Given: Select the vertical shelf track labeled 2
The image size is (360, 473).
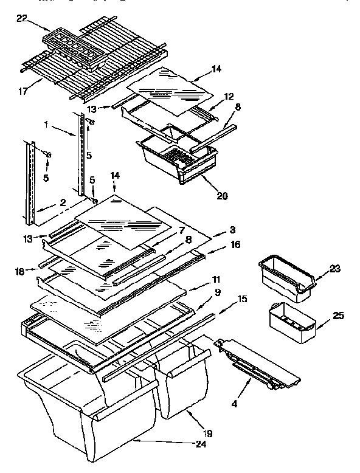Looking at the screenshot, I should point(29,182).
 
